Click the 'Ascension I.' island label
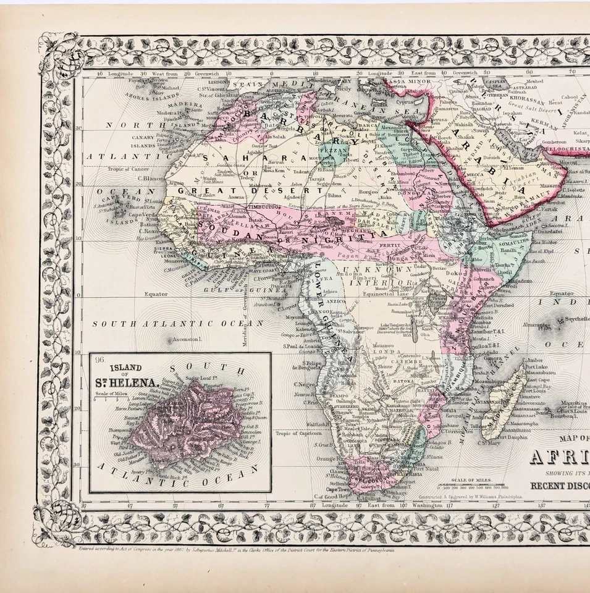pyautogui.click(x=188, y=339)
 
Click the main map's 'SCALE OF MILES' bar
pyautogui.click(x=470, y=486)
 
